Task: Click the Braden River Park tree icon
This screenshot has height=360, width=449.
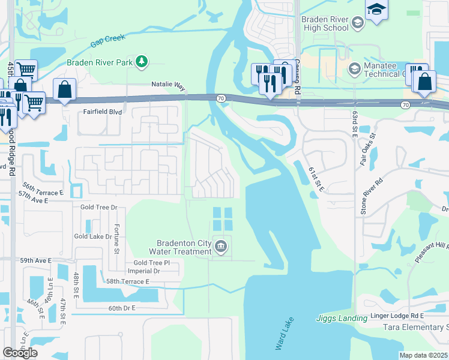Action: pos(142,61)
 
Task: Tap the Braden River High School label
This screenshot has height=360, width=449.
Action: pos(325,23)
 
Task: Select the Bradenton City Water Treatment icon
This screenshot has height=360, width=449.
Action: pos(221,247)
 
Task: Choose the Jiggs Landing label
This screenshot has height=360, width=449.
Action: pos(342,319)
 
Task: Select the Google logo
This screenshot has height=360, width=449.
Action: pos(20,353)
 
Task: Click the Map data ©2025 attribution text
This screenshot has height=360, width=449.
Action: pos(424,355)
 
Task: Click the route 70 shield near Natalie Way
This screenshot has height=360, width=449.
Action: pos(221,98)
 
